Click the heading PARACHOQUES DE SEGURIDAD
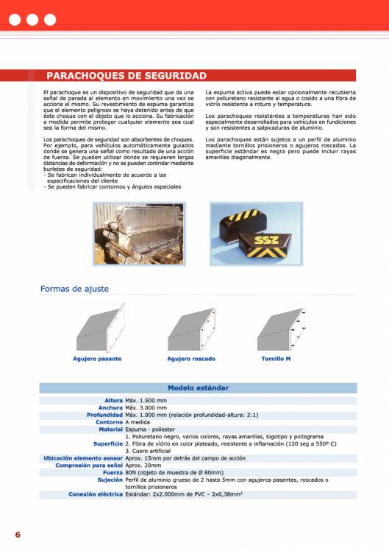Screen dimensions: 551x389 coord(126,76)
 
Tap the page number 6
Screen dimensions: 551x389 coord(17,534)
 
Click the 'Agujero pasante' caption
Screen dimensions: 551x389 coord(97,359)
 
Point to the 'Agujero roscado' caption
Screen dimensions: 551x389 coord(191,359)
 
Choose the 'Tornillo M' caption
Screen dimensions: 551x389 coord(276,359)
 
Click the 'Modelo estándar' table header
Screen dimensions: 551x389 coord(198,387)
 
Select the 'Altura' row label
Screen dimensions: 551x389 coord(113,400)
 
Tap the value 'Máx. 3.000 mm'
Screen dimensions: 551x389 coord(146,407)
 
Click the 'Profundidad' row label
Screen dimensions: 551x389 coord(104,415)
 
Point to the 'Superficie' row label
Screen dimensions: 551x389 coord(107,444)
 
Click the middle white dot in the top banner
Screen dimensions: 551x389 coord(32,19)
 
